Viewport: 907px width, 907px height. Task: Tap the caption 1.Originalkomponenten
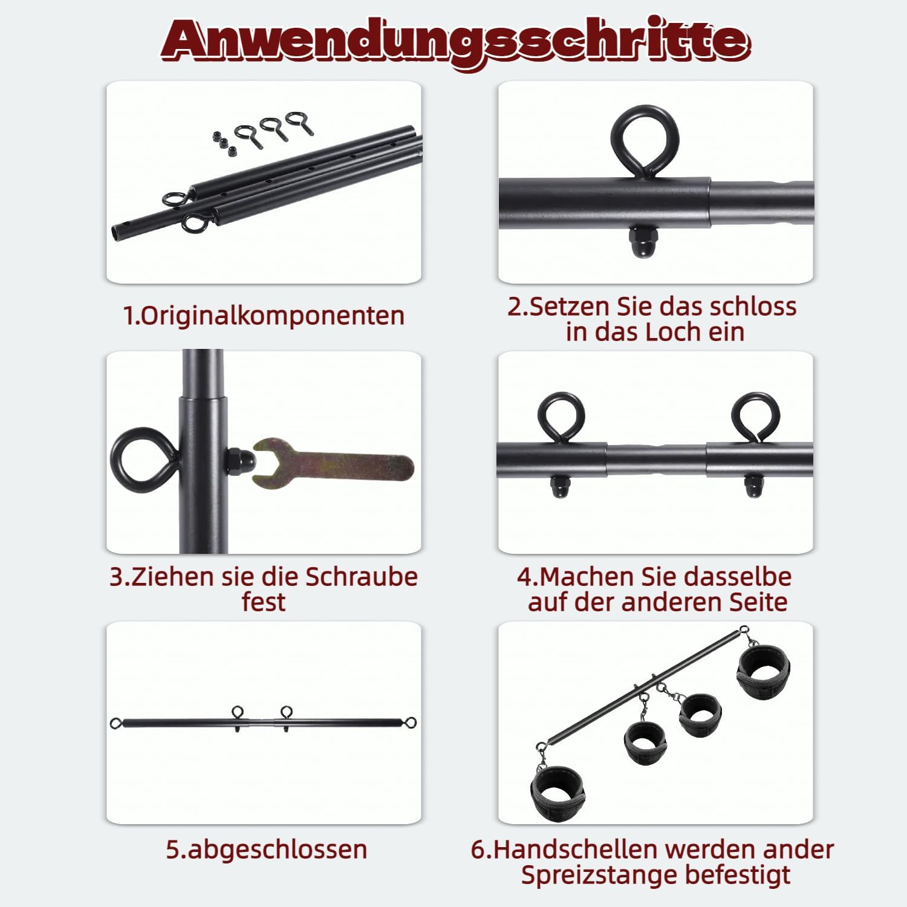coord(264,316)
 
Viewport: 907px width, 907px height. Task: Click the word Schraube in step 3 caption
coord(361,576)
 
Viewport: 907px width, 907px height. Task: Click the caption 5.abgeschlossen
coord(267,849)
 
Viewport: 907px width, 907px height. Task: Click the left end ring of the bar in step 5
coord(116,723)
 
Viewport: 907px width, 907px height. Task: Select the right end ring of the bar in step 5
coord(411,723)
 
